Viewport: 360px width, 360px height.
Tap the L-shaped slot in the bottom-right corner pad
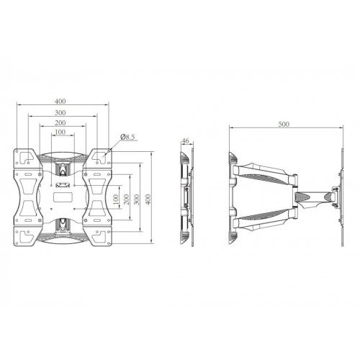(x=102, y=233)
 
